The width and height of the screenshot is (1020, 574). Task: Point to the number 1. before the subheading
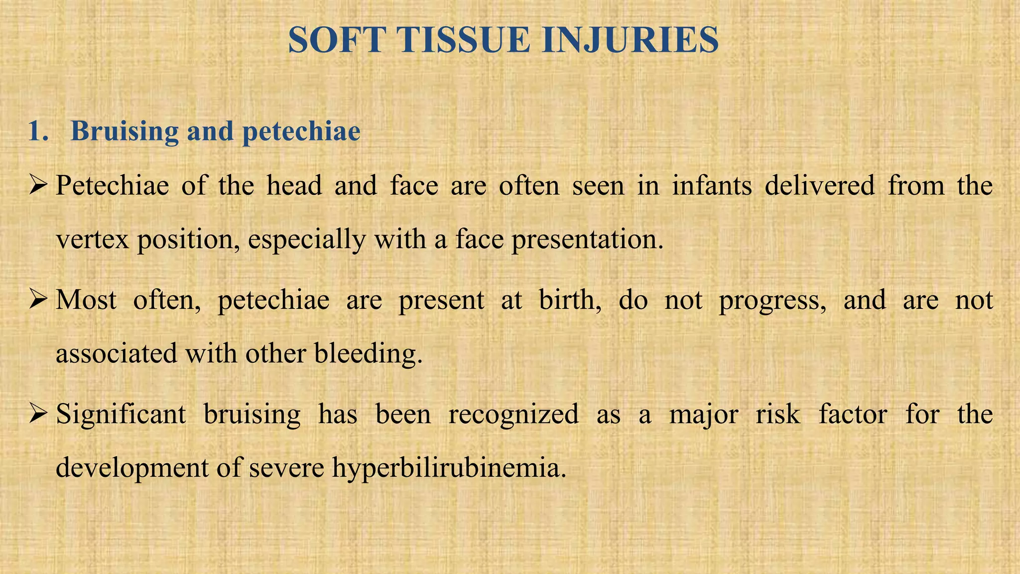click(x=38, y=132)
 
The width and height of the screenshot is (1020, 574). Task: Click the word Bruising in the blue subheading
click(x=125, y=132)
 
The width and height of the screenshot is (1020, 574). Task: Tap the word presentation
click(x=588, y=240)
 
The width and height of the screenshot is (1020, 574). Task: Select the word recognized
click(x=513, y=414)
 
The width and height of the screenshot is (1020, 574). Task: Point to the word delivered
click(x=820, y=185)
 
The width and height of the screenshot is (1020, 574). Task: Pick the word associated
click(x=116, y=354)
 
